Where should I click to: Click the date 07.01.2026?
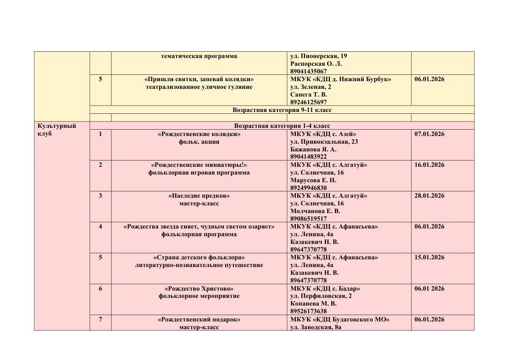(x=429, y=134)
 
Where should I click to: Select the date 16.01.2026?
(x=429, y=165)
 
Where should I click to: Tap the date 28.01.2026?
(x=429, y=196)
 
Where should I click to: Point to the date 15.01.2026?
(x=429, y=258)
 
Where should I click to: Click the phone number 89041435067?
(x=308, y=72)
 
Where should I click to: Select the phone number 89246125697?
(x=308, y=102)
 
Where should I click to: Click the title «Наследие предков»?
(x=199, y=196)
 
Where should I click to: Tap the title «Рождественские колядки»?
(x=199, y=134)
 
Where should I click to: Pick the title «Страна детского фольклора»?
(x=199, y=258)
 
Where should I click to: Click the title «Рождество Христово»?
(x=199, y=288)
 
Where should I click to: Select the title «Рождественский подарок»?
(x=199, y=319)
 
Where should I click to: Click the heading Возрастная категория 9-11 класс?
(x=282, y=110)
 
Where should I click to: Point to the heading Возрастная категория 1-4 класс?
(x=282, y=126)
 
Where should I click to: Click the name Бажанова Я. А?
(x=313, y=149)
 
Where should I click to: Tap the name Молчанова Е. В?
(x=315, y=211)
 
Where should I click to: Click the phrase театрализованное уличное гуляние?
(x=199, y=87)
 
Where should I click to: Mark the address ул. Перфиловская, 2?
(x=321, y=296)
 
